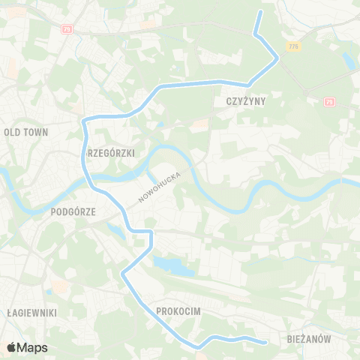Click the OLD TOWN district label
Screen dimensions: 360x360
click(x=26, y=132)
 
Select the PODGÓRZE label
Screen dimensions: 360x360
click(x=73, y=212)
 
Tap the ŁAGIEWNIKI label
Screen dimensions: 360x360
click(x=31, y=312)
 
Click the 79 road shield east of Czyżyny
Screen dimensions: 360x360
click(x=329, y=101)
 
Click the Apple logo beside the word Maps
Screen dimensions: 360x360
click(x=11, y=347)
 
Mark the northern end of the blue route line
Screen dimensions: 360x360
click(x=261, y=13)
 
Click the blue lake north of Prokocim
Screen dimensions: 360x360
click(x=169, y=265)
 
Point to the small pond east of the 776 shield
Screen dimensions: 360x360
click(x=347, y=58)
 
